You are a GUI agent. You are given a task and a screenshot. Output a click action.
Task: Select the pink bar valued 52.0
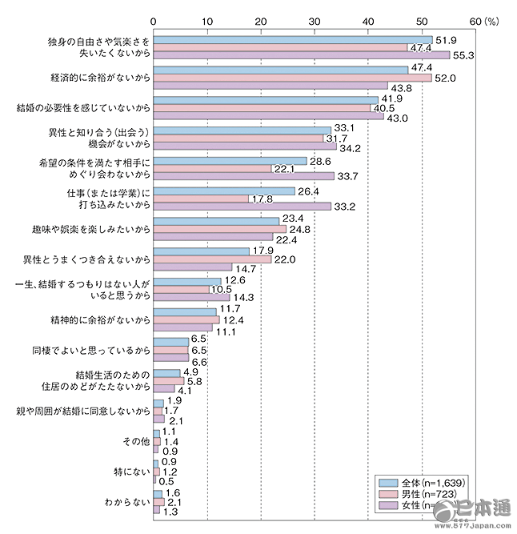click(293, 78)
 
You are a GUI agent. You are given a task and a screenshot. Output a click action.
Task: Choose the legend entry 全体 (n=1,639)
click(424, 482)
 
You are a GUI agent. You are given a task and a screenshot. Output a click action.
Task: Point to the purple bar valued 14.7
click(193, 267)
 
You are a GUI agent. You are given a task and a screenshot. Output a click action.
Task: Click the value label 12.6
click(233, 281)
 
